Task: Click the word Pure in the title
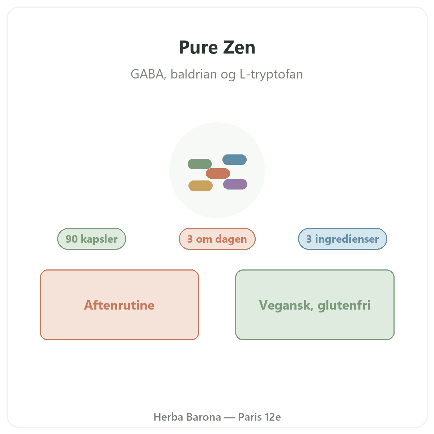pos(198,47)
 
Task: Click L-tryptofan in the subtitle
pos(271,75)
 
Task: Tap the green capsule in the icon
pos(200,164)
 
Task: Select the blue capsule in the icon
pos(234,159)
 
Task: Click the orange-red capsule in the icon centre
pos(218,173)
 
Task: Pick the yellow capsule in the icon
pos(200,186)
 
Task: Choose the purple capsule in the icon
pos(235,184)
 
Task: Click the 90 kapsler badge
pos(92,239)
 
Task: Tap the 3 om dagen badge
pos(217,239)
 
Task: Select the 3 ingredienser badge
pos(342,239)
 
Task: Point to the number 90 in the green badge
pos(72,239)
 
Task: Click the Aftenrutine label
pos(119,305)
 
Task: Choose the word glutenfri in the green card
pos(344,306)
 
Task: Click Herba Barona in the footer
pos(187,417)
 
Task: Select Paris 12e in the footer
pos(259,417)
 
